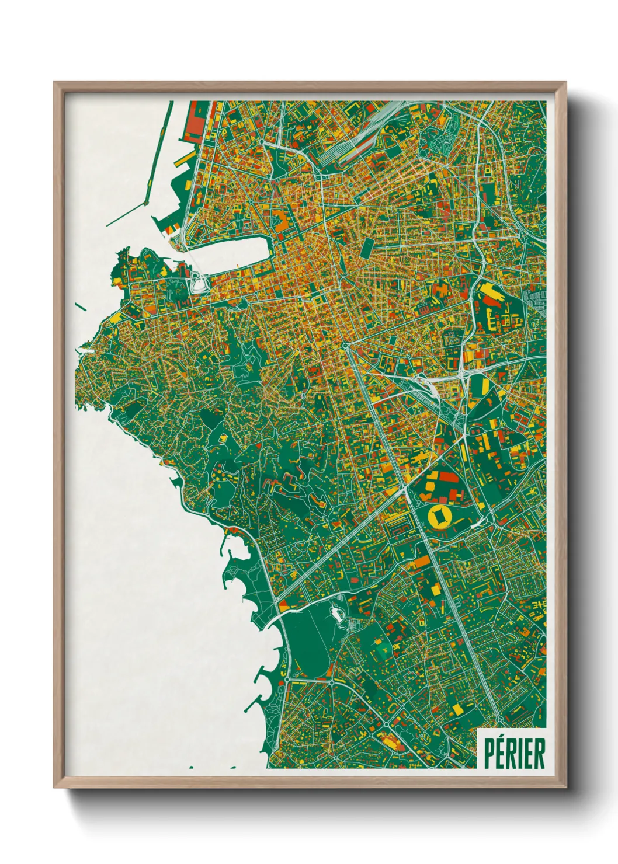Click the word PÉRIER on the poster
(514, 753)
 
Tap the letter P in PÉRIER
(489, 753)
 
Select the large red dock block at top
(196, 123)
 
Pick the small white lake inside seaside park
(337, 614)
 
